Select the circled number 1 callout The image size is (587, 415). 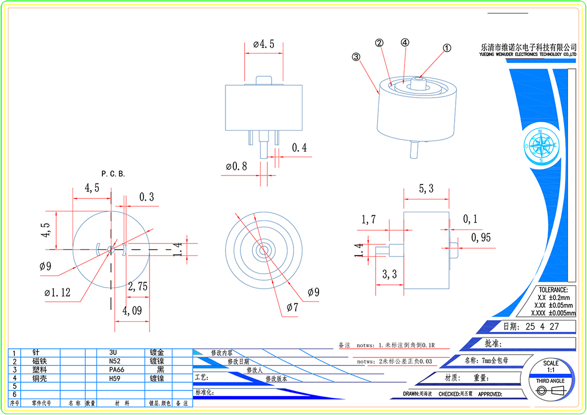tap(447, 47)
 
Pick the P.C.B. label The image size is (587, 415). tap(113, 174)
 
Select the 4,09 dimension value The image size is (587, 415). tap(132, 310)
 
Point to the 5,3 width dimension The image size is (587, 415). tap(426, 188)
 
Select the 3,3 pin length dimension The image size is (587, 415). tap(389, 275)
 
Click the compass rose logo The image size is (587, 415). tap(541, 146)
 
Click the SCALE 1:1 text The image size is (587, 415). tap(551, 366)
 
